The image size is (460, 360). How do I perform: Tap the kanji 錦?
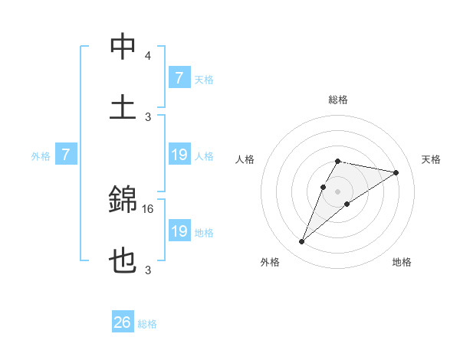coord(123,201)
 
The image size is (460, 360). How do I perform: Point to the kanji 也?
coord(123,260)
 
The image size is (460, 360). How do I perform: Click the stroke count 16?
coord(148,208)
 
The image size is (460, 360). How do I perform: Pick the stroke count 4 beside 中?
coord(148,56)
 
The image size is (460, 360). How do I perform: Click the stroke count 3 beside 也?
coord(148,269)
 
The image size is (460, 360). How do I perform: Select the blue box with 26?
coord(123,322)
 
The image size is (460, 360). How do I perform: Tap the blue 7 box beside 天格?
coord(179,78)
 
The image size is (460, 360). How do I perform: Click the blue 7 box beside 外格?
coord(66,155)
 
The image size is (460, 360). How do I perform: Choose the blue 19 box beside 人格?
coord(179,155)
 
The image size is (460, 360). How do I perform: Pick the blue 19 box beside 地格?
coord(179,231)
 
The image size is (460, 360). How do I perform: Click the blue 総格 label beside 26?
coord(147,324)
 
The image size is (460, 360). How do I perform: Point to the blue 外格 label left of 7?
coord(41,156)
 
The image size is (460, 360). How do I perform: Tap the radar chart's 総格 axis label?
coord(337,100)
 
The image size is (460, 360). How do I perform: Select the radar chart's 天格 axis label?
coord(432,159)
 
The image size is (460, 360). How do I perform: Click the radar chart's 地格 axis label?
coord(402,262)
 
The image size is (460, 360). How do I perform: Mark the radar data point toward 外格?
coord(302,242)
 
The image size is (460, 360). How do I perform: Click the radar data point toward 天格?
coord(396,172)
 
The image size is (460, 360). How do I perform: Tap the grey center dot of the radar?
coord(337,191)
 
